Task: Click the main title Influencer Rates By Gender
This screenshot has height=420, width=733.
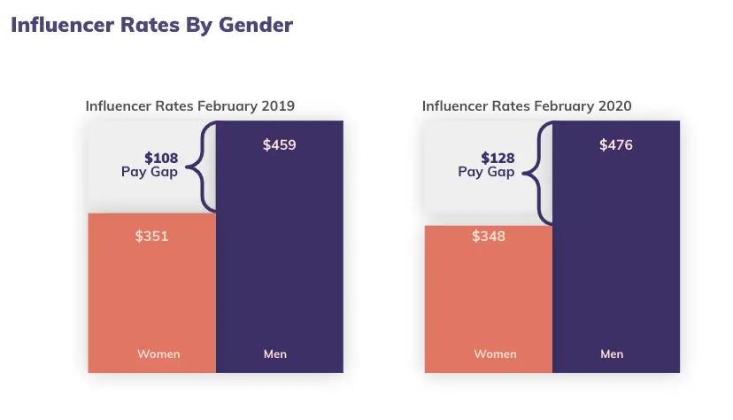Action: (151, 25)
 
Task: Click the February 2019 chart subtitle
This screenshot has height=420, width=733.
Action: (189, 106)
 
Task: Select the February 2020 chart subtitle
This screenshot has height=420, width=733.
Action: (527, 106)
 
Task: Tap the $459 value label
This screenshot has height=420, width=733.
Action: (279, 144)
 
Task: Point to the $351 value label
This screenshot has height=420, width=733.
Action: (151, 237)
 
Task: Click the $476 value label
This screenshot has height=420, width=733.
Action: (616, 144)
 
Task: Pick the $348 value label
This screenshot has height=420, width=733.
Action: (489, 237)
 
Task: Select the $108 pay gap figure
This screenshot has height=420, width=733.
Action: (161, 159)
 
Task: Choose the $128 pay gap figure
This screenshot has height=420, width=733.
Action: (498, 159)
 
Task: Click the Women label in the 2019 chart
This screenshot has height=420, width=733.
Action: (158, 354)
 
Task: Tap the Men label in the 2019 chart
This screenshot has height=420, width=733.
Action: (275, 354)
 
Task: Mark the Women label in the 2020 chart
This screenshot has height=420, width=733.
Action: (495, 354)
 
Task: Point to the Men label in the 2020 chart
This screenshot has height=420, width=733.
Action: (612, 354)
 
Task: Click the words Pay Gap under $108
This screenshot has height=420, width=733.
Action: (150, 172)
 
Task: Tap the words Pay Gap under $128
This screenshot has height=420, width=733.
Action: (486, 172)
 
